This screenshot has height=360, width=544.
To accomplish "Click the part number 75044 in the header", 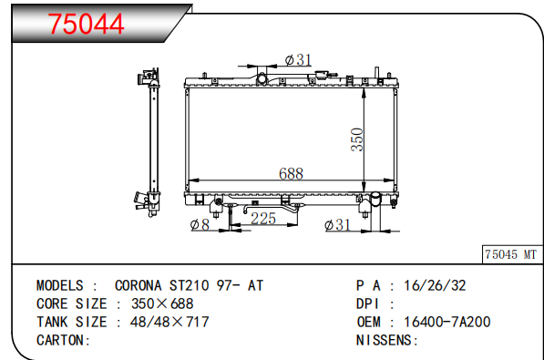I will [87, 26].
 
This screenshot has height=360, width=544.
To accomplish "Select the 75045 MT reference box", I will [510, 255].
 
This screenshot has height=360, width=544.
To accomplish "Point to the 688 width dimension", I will [292, 174].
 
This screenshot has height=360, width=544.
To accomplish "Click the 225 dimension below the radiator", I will [263, 219].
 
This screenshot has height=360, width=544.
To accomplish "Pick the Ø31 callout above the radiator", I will [299, 60].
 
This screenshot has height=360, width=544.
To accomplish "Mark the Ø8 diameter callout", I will [200, 226].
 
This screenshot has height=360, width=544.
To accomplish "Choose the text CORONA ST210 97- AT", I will [189, 285].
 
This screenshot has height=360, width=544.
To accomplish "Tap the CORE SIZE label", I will [72, 303].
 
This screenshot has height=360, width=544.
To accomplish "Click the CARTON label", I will [63, 340].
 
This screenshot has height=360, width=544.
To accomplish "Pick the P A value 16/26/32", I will [435, 285].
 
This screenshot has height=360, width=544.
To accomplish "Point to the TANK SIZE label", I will [72, 322].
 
